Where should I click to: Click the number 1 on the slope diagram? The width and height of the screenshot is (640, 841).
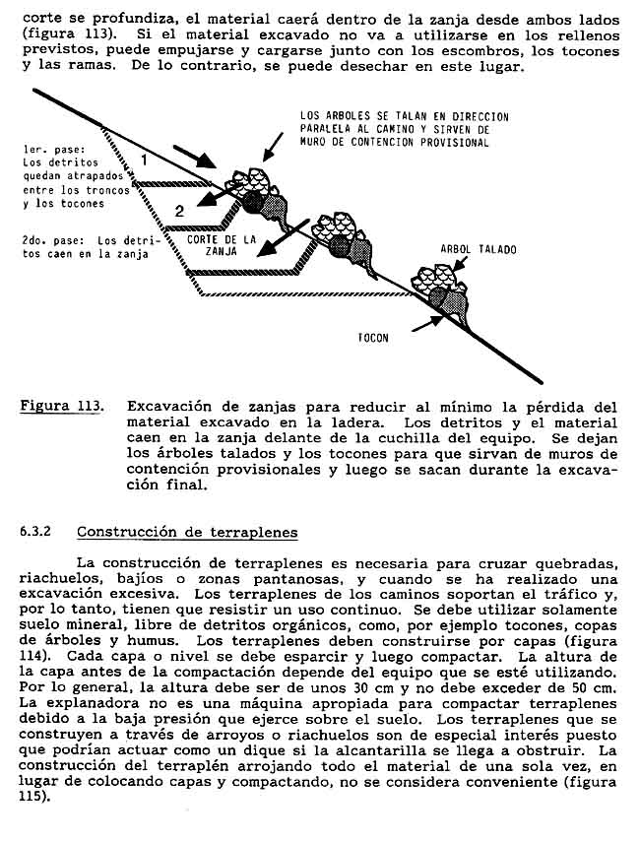click(x=144, y=159)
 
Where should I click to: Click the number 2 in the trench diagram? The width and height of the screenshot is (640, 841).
click(x=179, y=210)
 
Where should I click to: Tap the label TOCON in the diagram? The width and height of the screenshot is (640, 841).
click(x=373, y=338)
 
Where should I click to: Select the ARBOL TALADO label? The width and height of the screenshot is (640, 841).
click(x=478, y=249)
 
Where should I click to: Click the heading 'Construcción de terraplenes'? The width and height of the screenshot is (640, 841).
click(x=187, y=532)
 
